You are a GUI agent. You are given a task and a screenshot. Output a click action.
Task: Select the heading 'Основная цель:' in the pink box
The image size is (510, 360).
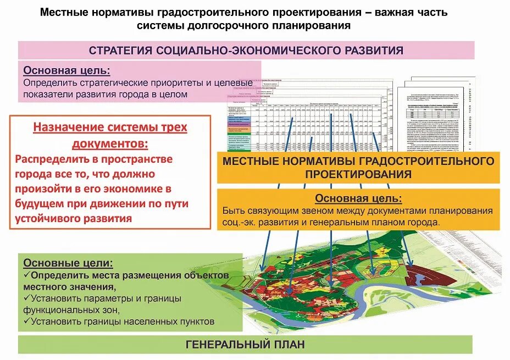(66, 71)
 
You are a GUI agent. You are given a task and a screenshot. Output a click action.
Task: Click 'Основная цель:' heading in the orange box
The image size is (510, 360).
(358, 198)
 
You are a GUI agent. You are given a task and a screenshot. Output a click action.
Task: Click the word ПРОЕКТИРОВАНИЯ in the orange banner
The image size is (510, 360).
(358, 175)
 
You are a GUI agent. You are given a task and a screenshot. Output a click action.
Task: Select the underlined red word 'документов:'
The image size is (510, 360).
(110, 143)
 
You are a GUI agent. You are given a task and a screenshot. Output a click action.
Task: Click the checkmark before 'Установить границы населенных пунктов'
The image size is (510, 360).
(26, 322)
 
